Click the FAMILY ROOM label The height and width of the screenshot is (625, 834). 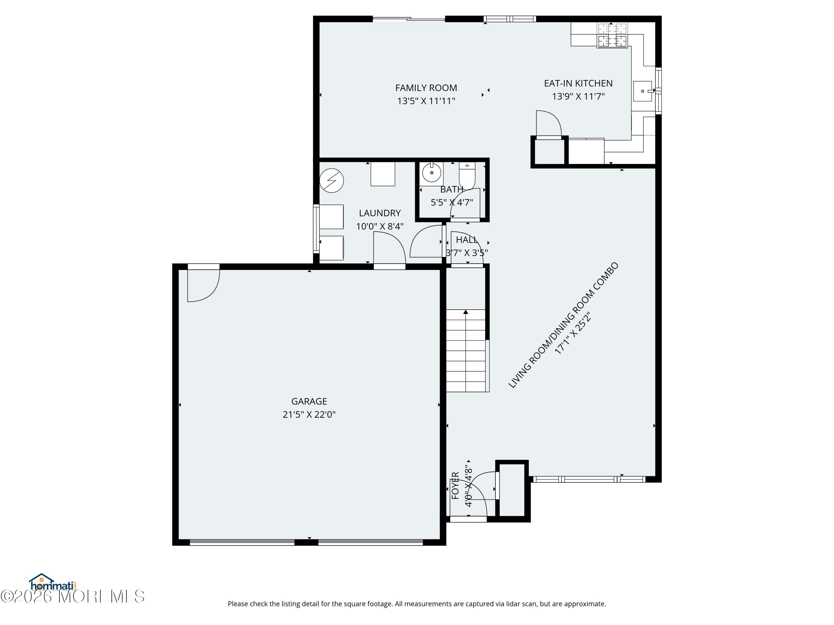pyautogui.click(x=426, y=88)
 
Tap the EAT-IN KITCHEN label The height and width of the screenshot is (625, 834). pyautogui.click(x=578, y=83)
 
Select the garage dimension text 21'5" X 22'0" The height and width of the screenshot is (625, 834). pyautogui.click(x=309, y=414)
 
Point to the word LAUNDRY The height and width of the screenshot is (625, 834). pyautogui.click(x=380, y=213)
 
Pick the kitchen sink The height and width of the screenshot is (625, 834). pyautogui.click(x=642, y=91)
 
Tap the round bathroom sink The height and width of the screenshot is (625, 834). pyautogui.click(x=432, y=172)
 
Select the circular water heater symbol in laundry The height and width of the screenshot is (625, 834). pyautogui.click(x=331, y=181)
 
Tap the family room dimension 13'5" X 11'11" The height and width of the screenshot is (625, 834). pyautogui.click(x=426, y=101)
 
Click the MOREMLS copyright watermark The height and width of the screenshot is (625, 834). pyautogui.click(x=72, y=596)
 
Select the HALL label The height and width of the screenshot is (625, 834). pyautogui.click(x=467, y=240)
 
